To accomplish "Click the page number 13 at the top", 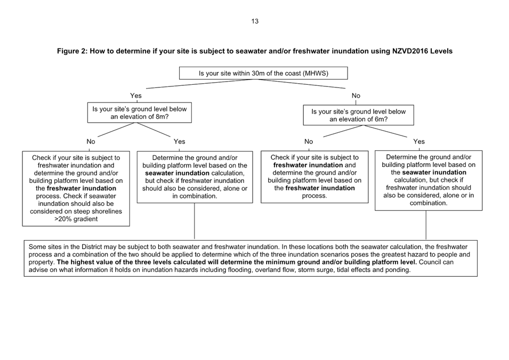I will coord(255,21).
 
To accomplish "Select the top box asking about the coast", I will coord(263,73).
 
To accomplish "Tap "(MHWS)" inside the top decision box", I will coord(315,73).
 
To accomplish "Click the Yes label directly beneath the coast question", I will coord(136,96).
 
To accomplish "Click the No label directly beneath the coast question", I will coord(356,96).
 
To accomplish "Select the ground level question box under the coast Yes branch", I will coord(140,113).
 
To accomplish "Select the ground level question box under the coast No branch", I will coord(358,116).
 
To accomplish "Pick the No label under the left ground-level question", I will coord(91,142).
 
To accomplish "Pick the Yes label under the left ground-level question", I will coord(180,142).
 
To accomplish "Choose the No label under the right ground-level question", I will coord(309,142).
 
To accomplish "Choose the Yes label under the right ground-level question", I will coord(419,142).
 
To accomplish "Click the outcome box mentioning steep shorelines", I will coord(76,188).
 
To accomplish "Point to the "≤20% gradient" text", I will coord(76,219).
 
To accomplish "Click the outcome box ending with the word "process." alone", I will coord(314,177).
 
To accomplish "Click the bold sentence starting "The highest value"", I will coord(235,262).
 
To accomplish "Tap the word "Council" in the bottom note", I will coord(430,262).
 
